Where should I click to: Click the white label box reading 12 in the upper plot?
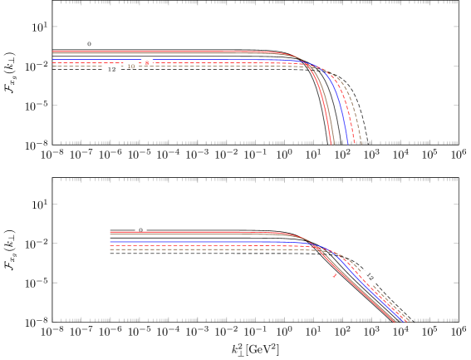coord(112,69)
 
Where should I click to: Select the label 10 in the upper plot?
coord(131,66)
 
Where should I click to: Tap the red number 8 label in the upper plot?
coord(147,62)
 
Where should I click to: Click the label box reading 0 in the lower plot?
coord(140,229)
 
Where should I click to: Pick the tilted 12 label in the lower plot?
coord(370,276)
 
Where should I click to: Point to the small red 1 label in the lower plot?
coord(335,276)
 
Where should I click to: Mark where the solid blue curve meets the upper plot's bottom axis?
coord(347,143)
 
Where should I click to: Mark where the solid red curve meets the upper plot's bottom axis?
coord(331,143)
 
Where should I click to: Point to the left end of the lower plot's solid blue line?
coord(111,242)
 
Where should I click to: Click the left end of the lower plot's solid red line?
coord(111,232)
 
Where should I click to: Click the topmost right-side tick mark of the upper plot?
coord(454,27)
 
